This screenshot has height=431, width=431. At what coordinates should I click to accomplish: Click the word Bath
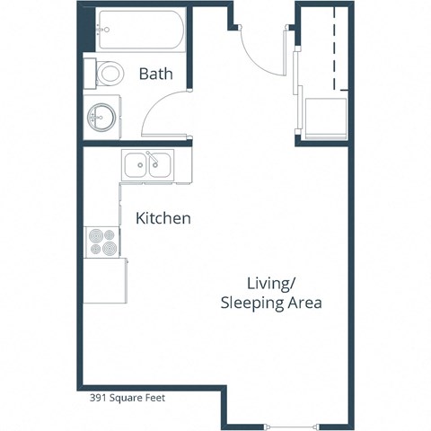click(x=155, y=75)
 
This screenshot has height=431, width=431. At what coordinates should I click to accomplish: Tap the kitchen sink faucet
click(x=152, y=162)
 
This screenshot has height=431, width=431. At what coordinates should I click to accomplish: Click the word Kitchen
click(x=163, y=218)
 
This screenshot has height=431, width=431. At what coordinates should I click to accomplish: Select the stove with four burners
click(x=101, y=242)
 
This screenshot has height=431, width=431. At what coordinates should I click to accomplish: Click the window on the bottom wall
click(x=291, y=423)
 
